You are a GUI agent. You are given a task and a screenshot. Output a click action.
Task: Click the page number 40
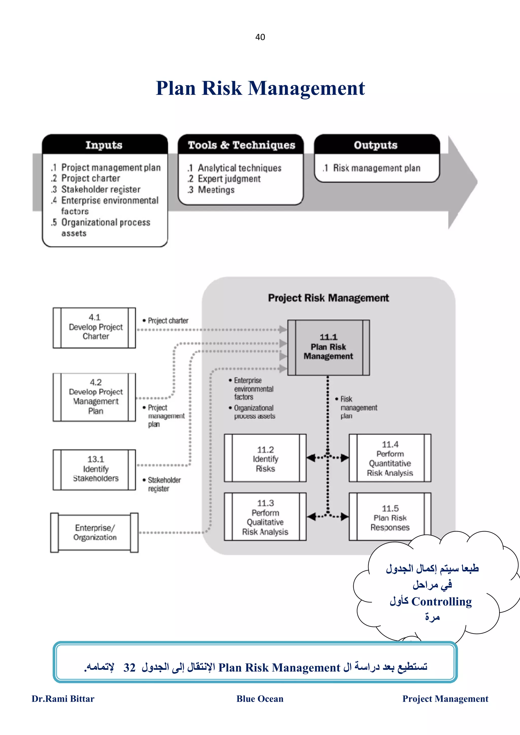pos(260,37)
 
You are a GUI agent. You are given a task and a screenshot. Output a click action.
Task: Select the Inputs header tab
pos(104,145)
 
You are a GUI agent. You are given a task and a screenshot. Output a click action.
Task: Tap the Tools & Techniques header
pos(241,145)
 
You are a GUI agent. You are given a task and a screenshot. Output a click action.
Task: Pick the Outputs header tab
pos(376,145)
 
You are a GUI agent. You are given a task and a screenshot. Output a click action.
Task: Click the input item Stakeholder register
pos(101,189)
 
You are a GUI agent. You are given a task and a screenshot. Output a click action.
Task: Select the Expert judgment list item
pos(229,179)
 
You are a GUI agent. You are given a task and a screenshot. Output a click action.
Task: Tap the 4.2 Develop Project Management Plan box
pos(95,397)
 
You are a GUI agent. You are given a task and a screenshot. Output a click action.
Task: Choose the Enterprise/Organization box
pos(95,532)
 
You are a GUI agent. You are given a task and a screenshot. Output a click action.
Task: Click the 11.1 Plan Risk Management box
pos(328,347)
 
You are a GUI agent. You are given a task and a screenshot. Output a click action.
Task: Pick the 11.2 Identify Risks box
pos(265,458)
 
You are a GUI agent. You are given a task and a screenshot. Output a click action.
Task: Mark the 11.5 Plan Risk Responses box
pos(390,517)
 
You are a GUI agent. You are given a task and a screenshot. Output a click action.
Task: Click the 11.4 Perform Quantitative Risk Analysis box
pos(390,458)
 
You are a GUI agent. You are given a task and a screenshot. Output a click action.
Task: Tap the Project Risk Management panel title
pos(328,298)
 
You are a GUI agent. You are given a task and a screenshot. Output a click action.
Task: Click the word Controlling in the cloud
pos(442,601)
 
